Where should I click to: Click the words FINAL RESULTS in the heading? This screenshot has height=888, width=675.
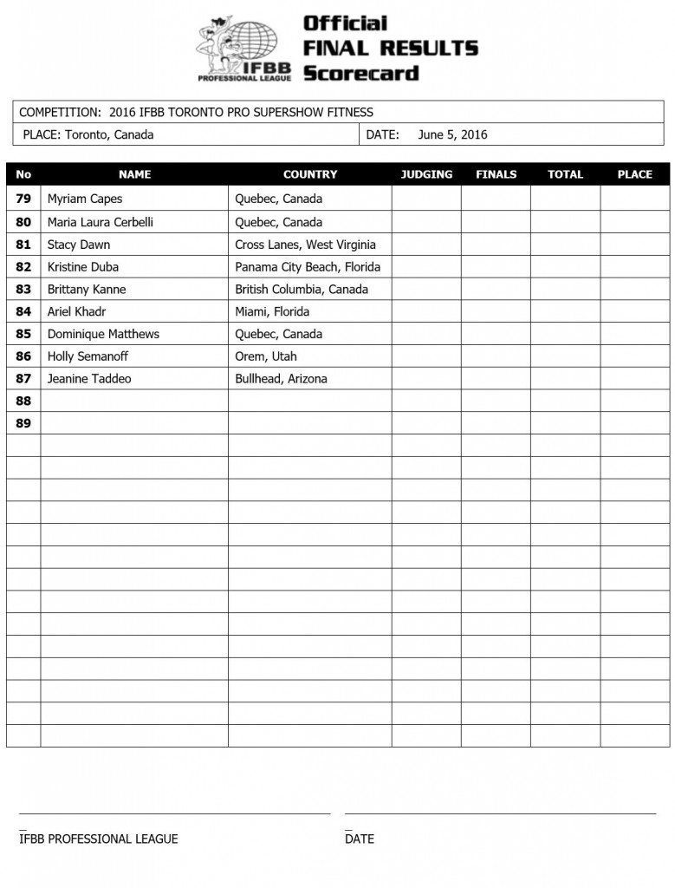[390, 48]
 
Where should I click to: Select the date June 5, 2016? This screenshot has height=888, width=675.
[452, 134]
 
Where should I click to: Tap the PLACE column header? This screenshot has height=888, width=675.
[634, 174]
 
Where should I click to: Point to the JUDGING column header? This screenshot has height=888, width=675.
[426, 174]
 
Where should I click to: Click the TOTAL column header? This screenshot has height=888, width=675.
[565, 174]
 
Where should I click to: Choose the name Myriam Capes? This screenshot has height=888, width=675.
[85, 199]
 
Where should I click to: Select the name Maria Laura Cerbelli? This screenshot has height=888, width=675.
[101, 222]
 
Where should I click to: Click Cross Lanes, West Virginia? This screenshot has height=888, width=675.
[305, 245]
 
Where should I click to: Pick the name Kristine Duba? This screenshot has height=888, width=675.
[83, 267]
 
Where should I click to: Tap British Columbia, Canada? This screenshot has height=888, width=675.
[302, 290]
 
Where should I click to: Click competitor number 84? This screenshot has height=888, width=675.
[23, 311]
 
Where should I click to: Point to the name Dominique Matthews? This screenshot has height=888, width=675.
[103, 334]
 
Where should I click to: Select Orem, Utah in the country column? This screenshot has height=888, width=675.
[266, 356]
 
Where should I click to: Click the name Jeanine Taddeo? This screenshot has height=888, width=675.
[89, 379]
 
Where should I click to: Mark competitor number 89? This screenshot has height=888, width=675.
[23, 423]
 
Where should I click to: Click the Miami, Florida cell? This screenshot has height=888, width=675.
[272, 311]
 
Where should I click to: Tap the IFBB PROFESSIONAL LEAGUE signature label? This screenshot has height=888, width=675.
[99, 839]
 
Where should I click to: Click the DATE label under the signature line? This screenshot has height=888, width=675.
[360, 839]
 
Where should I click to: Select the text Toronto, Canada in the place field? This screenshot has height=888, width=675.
[109, 134]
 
